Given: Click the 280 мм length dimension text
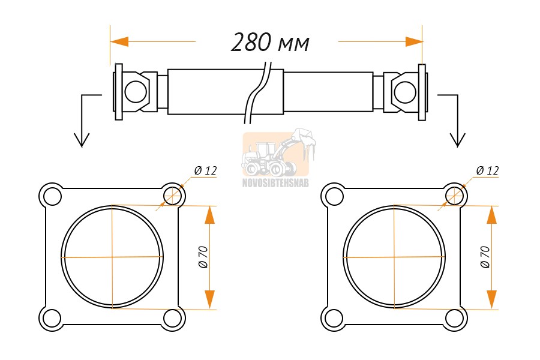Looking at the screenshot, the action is tap(270, 43).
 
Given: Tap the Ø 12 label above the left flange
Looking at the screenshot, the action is tap(206, 170).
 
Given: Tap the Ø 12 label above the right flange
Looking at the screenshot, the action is tap(487, 170).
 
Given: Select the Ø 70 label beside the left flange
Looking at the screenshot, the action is tap(203, 257).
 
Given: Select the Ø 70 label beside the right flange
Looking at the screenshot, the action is tap(485, 257).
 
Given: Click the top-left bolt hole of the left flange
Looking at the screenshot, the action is tap(52, 197).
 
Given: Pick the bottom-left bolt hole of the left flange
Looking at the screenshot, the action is tap(52, 318).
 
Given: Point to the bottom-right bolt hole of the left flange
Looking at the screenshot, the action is tap(172, 318).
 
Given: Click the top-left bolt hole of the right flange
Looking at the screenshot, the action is tap(334, 197).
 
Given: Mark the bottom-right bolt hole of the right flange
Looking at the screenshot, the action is tap(454, 318).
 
